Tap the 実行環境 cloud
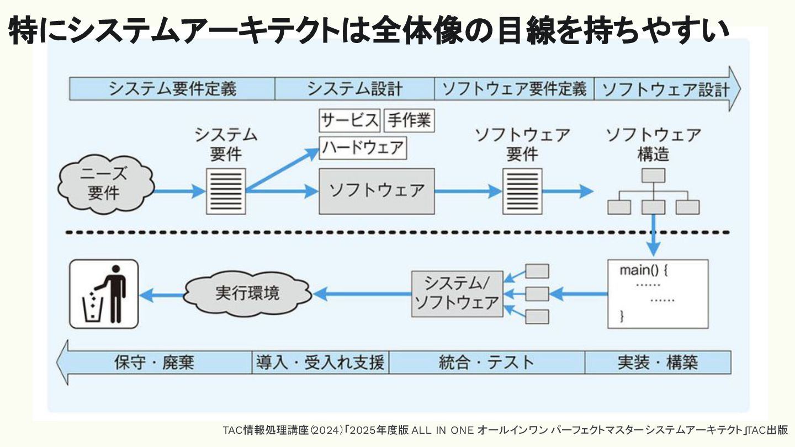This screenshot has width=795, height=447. click(247, 292)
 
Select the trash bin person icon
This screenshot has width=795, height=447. click(103, 295)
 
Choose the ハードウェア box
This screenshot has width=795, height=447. click(363, 148)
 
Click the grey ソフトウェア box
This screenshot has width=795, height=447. click(377, 191)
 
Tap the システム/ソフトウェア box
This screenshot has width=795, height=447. click(457, 294)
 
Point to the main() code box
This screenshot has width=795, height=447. click(657, 294)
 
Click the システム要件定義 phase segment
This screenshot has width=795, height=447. click(172, 89)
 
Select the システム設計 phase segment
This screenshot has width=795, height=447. click(354, 89)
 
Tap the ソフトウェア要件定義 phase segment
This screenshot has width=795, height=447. click(514, 89)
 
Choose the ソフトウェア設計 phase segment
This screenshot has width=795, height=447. click(665, 89)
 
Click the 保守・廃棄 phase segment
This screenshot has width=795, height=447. click(156, 363)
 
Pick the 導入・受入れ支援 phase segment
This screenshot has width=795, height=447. click(320, 363)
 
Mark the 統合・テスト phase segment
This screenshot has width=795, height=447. click(486, 363)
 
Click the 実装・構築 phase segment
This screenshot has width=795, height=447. click(658, 363)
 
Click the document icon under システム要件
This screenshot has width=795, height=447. click(226, 191)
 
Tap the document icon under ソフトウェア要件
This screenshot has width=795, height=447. click(522, 191)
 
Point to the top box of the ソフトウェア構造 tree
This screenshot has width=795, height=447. click(653, 175)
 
